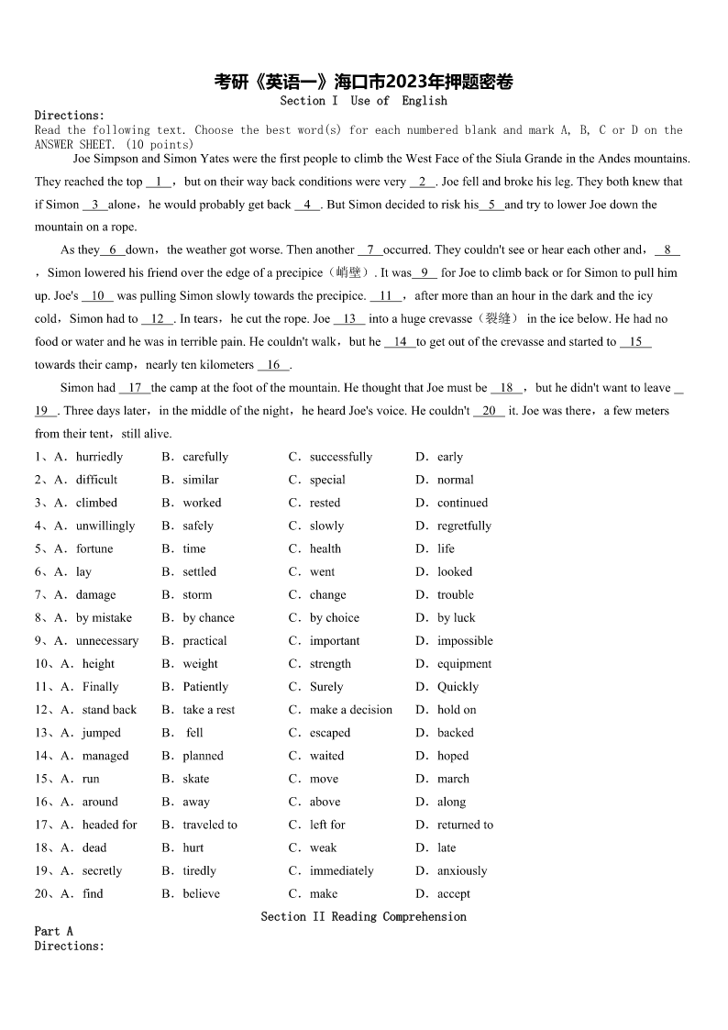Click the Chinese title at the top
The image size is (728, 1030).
click(x=363, y=83)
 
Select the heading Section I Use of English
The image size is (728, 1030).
click(x=363, y=101)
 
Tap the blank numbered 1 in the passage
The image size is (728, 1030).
click(x=159, y=182)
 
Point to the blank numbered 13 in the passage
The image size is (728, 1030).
click(x=349, y=318)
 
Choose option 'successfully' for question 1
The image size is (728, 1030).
click(x=340, y=457)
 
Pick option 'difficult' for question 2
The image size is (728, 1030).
click(x=96, y=480)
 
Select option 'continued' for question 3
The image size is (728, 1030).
click(x=462, y=503)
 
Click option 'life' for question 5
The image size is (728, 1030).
click(x=446, y=548)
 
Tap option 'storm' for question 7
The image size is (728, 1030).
click(x=197, y=594)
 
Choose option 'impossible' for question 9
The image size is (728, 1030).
click(x=465, y=640)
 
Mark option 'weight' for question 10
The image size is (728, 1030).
click(x=200, y=663)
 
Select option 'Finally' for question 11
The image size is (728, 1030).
click(x=100, y=686)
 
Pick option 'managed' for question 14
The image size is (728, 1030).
click(x=105, y=756)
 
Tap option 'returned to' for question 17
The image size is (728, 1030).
click(x=465, y=825)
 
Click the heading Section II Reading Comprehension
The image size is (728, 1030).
click(x=363, y=916)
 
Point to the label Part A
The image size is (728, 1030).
click(x=54, y=931)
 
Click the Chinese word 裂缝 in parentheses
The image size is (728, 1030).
click(x=495, y=318)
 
